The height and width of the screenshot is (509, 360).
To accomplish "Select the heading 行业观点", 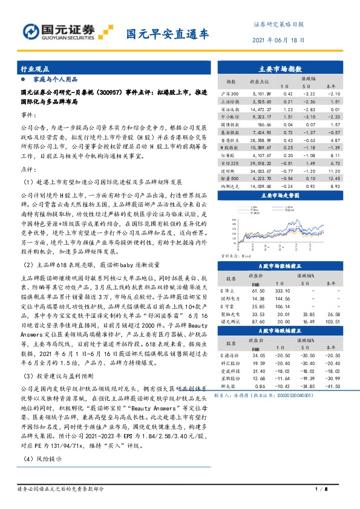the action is (36, 70).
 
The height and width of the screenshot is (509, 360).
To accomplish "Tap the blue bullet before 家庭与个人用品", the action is (24, 80).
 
